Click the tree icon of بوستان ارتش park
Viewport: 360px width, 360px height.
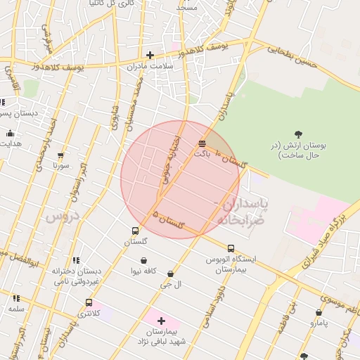click(x=298, y=134)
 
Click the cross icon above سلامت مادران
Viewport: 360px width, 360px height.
click(x=149, y=55)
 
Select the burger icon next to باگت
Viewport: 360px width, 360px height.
click(x=202, y=143)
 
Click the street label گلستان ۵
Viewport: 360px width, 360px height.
click(x=169, y=221)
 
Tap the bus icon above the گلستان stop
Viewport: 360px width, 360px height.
click(x=135, y=231)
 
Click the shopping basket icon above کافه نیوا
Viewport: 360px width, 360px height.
click(x=143, y=260)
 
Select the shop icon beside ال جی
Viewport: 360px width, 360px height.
click(x=170, y=274)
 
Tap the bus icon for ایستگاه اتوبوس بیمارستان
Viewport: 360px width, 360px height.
click(x=231, y=248)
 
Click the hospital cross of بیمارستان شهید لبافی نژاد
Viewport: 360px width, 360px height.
click(x=161, y=320)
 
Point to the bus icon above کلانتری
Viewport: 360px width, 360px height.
click(x=89, y=302)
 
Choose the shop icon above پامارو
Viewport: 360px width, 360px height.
click(x=319, y=312)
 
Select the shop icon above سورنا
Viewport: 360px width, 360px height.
click(x=60, y=155)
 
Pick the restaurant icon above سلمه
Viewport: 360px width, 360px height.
click(x=16, y=298)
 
